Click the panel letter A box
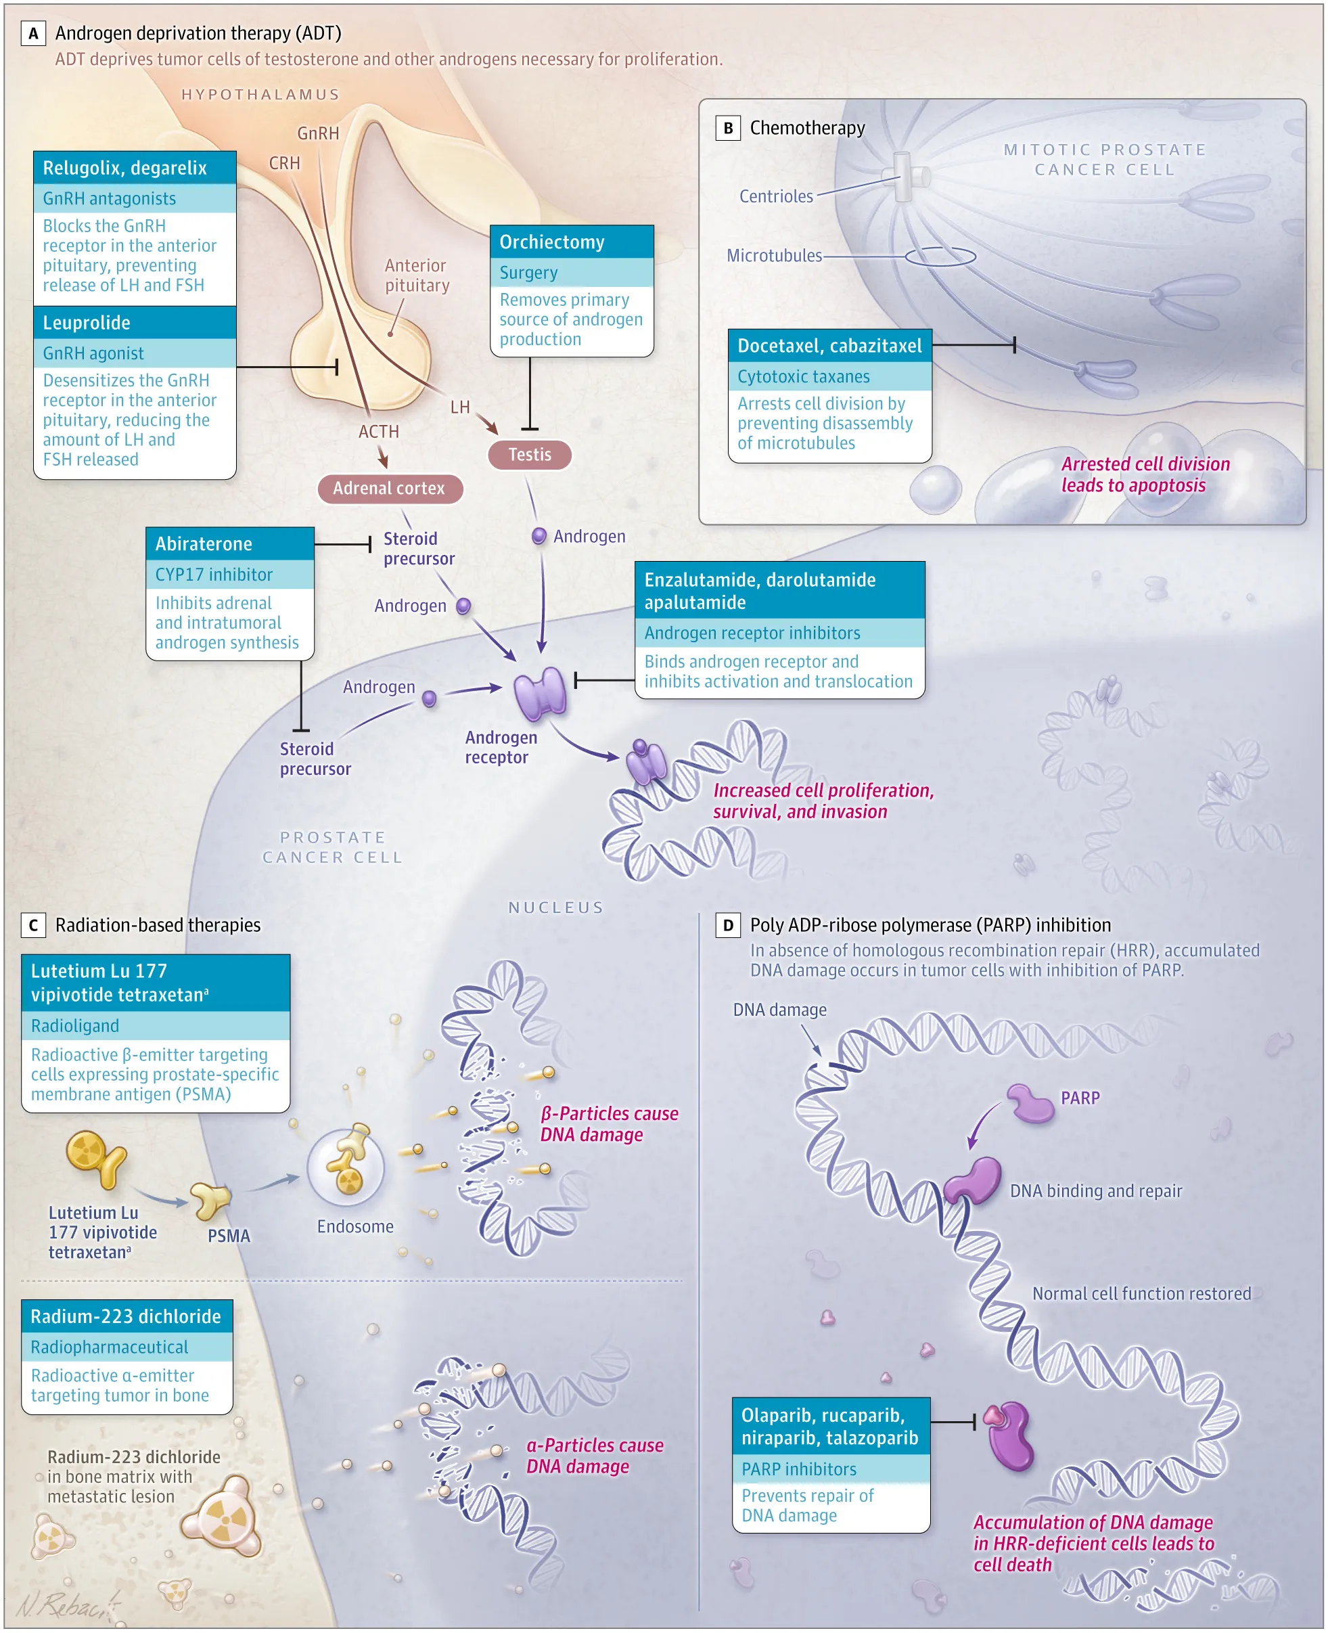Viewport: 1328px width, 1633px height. click(x=33, y=34)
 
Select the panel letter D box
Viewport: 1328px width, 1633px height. click(x=727, y=925)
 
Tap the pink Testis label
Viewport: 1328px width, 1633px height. click(x=529, y=455)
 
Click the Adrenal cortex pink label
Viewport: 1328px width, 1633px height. click(x=390, y=488)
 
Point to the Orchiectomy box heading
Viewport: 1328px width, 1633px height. click(x=572, y=242)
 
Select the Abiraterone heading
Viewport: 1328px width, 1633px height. click(x=229, y=543)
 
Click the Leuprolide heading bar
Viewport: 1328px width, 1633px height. click(x=135, y=323)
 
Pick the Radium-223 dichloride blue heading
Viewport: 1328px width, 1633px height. click(x=127, y=1316)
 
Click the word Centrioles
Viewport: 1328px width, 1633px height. click(x=776, y=197)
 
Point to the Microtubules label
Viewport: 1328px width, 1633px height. click(x=773, y=256)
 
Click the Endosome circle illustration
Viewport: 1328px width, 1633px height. click(x=346, y=1167)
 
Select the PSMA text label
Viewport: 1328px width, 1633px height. click(x=229, y=1236)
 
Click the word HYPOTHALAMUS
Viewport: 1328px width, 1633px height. click(x=260, y=95)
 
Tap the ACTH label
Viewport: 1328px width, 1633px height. click(x=379, y=432)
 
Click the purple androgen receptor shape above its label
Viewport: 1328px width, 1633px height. click(x=540, y=693)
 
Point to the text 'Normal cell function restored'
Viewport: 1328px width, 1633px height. click(x=1141, y=1293)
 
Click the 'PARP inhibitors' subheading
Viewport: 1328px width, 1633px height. click(x=799, y=1469)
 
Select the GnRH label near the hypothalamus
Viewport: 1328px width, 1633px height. click(x=317, y=133)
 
